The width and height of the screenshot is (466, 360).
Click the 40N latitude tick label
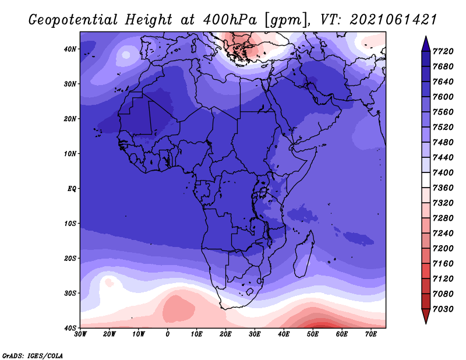point(70,49)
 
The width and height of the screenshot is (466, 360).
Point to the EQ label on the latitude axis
point(72,189)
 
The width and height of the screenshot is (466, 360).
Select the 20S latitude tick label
point(70,258)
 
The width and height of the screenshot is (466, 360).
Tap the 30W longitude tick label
point(80,334)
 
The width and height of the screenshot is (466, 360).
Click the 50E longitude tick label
point(313,334)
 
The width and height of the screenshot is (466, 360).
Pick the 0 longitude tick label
point(167,334)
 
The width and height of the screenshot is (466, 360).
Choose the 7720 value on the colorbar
point(443,51)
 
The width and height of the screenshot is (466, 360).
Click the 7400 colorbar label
point(443,172)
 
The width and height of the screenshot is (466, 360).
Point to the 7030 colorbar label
point(443,309)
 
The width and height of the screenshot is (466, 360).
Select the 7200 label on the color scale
point(443,248)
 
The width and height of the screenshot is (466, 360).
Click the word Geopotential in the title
point(73,20)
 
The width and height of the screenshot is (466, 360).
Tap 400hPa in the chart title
point(230,20)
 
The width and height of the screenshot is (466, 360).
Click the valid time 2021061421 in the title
point(393,20)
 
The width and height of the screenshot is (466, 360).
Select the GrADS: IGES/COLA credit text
point(33,355)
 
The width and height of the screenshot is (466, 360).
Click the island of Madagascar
point(304,254)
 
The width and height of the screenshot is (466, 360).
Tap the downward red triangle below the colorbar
point(426,316)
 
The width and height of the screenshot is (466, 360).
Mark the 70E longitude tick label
point(371,334)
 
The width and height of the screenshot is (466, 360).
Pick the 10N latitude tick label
point(70,153)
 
